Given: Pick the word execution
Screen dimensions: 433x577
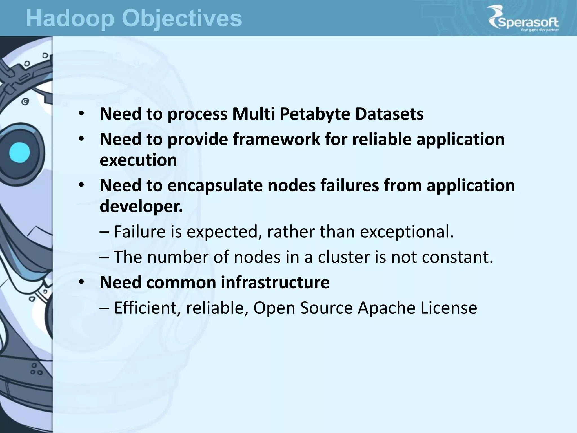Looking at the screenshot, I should coord(138,160).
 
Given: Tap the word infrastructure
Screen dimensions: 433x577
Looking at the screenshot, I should coord(275,282).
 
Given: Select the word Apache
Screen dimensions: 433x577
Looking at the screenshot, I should coord(387,308).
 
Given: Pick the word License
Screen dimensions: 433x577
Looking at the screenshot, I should coord(449,308).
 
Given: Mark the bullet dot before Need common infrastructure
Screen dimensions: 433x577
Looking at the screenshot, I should coord(81,282).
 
